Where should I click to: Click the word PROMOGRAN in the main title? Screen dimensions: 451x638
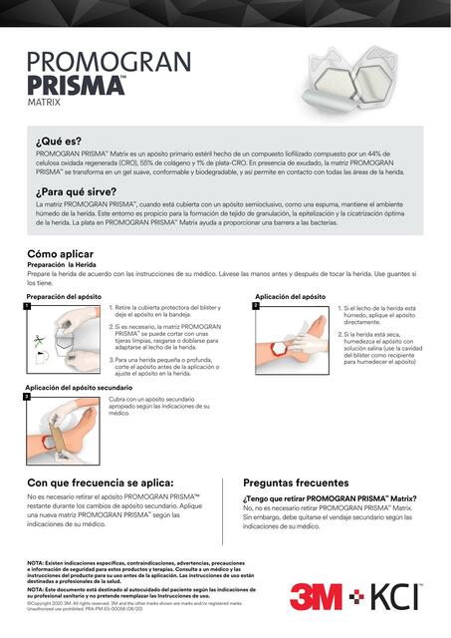[x=109, y=62]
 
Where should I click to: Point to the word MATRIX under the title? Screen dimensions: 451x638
[x=44, y=102]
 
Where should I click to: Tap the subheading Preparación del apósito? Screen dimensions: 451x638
[x=63, y=296]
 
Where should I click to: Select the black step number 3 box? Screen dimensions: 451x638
[x=30, y=397]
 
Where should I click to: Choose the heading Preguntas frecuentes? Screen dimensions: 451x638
[x=296, y=482]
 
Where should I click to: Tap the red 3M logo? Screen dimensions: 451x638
[x=319, y=597]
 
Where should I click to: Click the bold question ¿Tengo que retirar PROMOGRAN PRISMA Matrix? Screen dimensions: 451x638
[x=330, y=497]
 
